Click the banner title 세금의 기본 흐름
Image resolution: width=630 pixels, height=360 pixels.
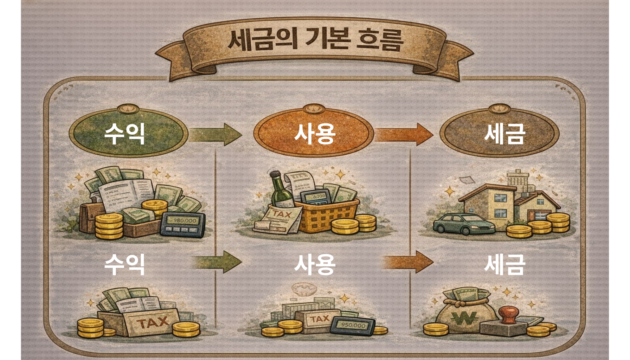(x=315, y=40)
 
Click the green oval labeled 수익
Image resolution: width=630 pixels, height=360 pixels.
(x=128, y=133)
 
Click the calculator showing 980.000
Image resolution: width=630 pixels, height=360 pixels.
(x=183, y=224)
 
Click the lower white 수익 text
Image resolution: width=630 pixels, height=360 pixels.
(x=124, y=264)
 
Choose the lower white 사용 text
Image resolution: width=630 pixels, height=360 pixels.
(x=315, y=264)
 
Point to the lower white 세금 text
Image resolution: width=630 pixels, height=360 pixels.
(x=505, y=264)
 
